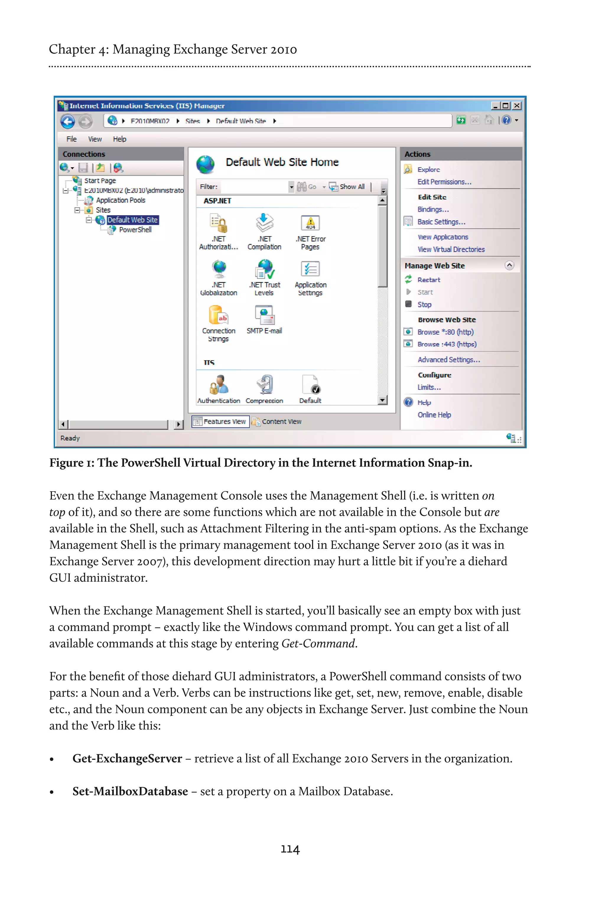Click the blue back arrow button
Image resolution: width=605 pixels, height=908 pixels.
point(68,121)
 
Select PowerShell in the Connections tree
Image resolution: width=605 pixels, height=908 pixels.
point(135,230)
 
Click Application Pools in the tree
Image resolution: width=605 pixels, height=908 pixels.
point(121,200)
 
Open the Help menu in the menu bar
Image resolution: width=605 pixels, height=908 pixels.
point(119,139)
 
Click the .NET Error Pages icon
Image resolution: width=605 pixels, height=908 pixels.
point(310,223)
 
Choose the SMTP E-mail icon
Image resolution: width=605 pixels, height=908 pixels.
point(264,315)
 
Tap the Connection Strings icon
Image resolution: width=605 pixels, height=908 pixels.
point(218,315)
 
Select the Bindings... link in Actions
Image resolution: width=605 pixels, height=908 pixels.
point(433,210)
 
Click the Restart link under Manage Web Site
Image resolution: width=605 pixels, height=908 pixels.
point(429,280)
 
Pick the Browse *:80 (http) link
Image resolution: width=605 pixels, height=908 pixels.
point(445,332)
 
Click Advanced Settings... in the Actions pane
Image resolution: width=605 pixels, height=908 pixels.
point(449,360)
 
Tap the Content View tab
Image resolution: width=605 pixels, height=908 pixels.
point(281,421)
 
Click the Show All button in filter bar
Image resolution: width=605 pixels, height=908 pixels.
point(352,187)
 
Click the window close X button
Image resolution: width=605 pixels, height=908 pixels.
point(517,106)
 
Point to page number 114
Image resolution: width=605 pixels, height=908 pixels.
point(290,849)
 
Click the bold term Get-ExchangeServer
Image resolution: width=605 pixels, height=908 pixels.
point(127,759)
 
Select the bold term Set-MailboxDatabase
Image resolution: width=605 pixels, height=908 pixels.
point(130,792)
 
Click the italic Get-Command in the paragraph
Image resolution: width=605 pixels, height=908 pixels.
point(318,643)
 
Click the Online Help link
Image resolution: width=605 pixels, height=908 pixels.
point(434,415)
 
